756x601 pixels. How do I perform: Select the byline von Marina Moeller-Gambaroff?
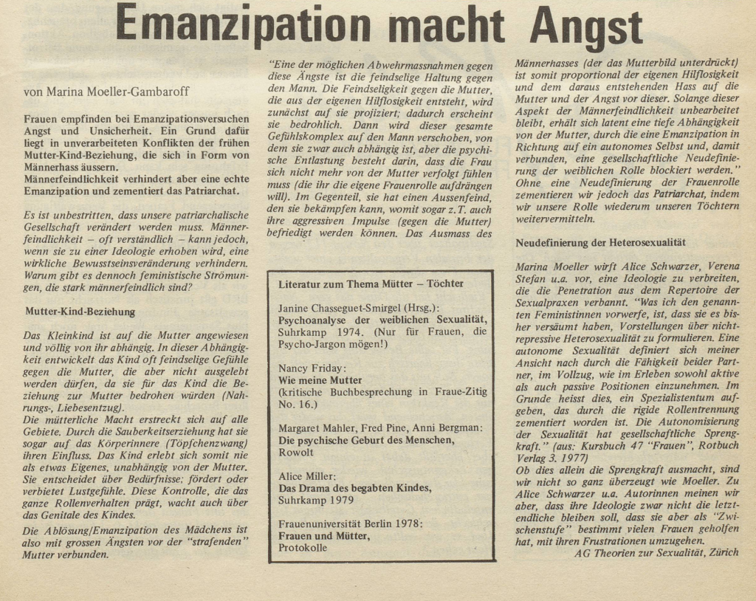[106, 92]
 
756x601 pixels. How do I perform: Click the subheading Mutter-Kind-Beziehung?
[80, 312]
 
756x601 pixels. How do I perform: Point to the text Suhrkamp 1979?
[316, 500]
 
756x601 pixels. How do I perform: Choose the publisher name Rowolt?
[296, 453]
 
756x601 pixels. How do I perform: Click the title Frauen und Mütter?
[324, 536]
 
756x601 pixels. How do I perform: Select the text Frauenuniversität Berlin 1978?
[350, 523]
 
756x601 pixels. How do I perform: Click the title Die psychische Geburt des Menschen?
[365, 440]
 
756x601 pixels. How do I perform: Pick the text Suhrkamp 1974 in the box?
[317, 332]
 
